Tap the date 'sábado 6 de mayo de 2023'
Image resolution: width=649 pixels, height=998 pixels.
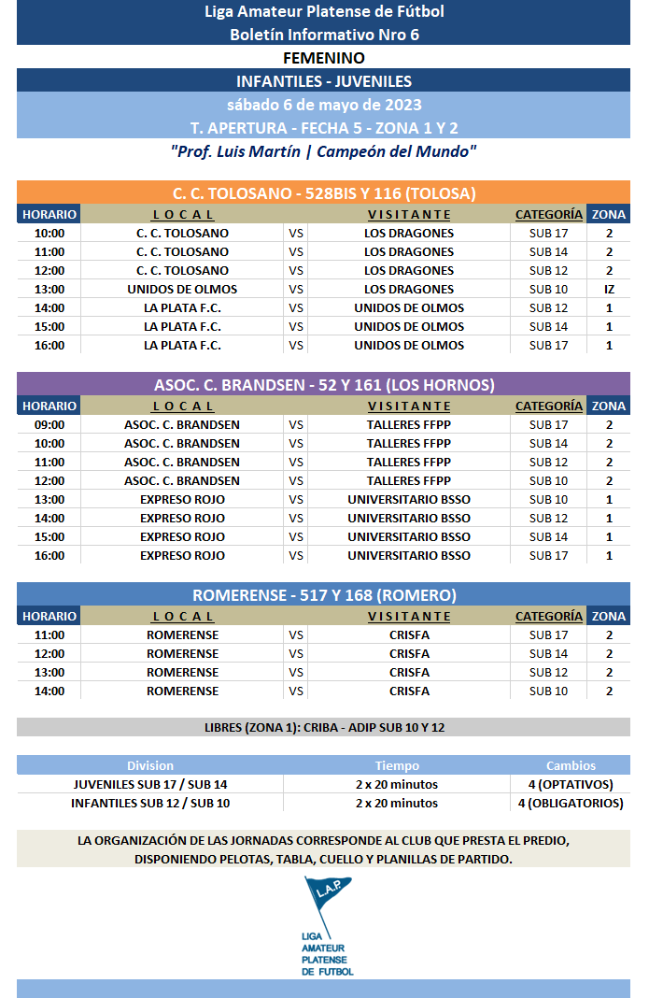click(x=324, y=104)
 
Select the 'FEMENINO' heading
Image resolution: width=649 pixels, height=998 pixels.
click(x=324, y=58)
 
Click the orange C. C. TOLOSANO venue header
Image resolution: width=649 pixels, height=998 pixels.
click(x=324, y=193)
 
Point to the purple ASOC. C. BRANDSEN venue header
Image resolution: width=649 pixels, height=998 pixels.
click(x=324, y=385)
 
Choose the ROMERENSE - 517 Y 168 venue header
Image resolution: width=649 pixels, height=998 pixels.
click(x=324, y=595)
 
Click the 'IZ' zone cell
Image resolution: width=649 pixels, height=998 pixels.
click(x=609, y=289)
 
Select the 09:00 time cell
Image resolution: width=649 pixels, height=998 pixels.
click(x=49, y=424)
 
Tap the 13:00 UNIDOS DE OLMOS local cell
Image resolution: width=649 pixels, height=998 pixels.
click(x=183, y=289)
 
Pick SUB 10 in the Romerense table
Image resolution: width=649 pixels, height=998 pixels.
click(x=548, y=691)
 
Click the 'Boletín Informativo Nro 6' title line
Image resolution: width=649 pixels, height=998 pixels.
click(x=324, y=35)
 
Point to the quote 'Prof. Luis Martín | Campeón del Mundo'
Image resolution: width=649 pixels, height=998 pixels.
click(x=324, y=150)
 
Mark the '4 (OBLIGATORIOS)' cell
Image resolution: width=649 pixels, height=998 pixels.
click(x=570, y=803)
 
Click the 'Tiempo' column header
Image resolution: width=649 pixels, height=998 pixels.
click(x=397, y=765)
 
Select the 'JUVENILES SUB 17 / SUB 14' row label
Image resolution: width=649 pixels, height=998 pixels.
click(x=150, y=784)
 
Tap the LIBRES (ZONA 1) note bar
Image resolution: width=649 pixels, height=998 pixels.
click(x=324, y=727)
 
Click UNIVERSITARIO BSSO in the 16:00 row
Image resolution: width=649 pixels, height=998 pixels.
click(x=409, y=555)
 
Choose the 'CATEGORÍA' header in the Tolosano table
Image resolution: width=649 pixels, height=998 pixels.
click(x=549, y=215)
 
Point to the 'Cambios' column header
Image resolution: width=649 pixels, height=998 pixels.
click(x=571, y=765)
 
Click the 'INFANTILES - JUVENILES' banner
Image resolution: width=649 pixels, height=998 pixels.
click(x=324, y=81)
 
